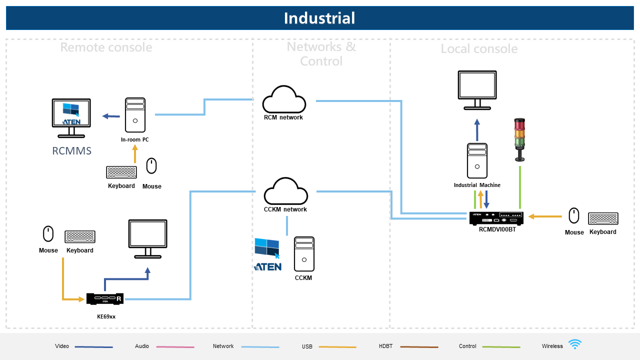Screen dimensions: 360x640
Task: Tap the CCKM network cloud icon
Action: point(285,191)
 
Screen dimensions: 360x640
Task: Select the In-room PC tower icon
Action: point(135,115)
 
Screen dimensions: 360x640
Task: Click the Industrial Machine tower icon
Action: point(477,161)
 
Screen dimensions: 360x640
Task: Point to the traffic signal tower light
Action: point(520,139)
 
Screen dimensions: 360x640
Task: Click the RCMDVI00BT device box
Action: point(496,218)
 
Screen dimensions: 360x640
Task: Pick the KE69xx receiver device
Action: point(105,298)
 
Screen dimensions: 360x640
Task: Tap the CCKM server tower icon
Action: point(304,254)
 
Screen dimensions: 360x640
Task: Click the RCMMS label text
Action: point(71,151)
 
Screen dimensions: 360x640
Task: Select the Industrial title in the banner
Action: point(319,18)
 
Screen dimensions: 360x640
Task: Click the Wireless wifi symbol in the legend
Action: point(575,344)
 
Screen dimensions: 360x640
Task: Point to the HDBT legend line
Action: point(419,346)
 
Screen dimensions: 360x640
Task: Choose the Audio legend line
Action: point(175,346)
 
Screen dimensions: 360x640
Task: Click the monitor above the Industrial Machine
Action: point(477,90)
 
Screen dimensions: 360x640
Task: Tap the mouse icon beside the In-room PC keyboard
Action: point(151,166)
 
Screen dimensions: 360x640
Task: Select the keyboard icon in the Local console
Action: point(603,218)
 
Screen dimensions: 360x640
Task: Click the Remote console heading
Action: point(106,47)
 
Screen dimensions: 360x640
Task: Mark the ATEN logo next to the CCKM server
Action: point(267,254)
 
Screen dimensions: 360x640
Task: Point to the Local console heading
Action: point(479,49)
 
